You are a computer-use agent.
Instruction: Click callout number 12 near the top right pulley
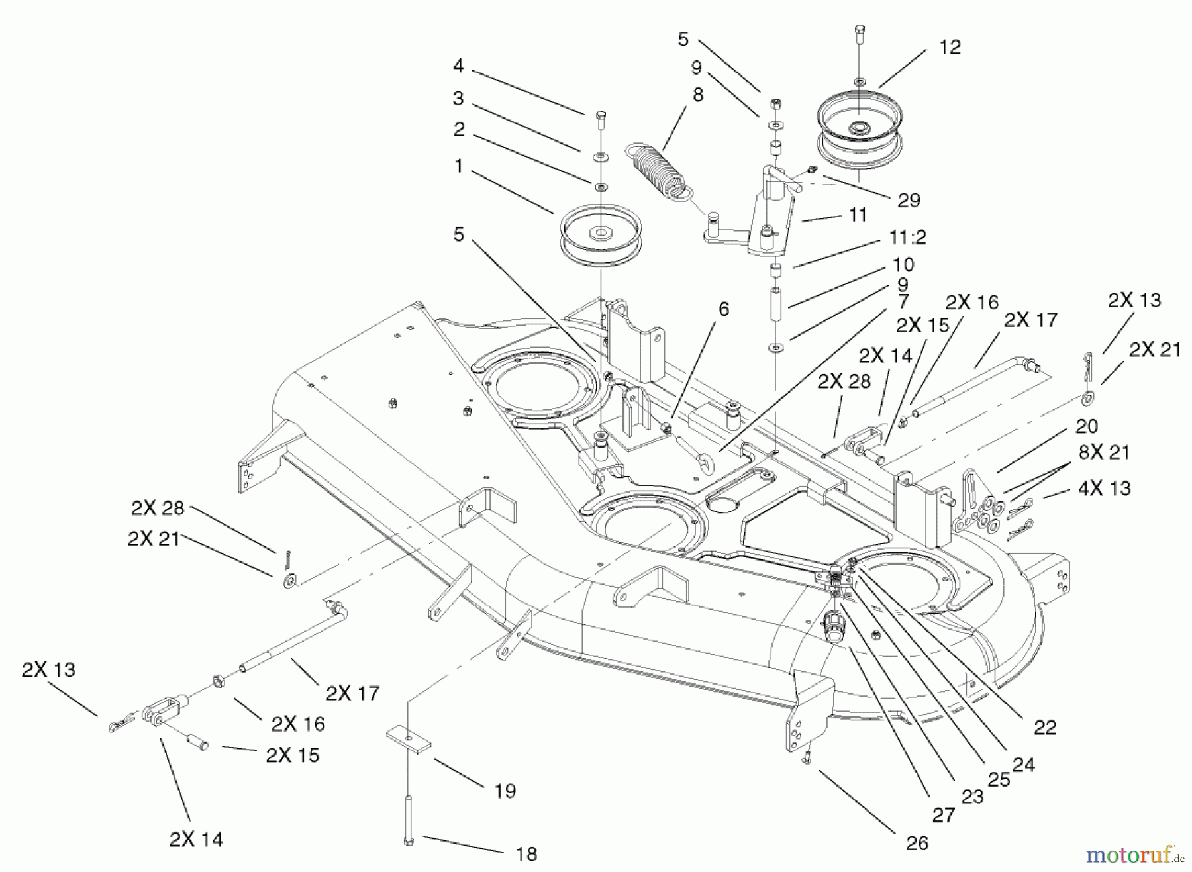point(950,48)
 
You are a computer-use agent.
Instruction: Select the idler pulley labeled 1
point(601,236)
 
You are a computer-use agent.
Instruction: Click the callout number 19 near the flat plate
point(505,791)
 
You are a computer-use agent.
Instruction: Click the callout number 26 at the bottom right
point(917,844)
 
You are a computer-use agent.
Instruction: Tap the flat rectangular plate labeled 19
point(409,739)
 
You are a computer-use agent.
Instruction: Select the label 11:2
point(908,237)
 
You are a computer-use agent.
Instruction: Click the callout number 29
point(909,201)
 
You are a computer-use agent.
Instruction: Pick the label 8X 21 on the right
point(1104,453)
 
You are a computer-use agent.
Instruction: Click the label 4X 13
point(1104,489)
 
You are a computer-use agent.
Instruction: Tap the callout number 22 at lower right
point(1044,728)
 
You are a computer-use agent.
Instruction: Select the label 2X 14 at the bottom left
point(196,840)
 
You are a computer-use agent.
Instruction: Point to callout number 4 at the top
point(458,66)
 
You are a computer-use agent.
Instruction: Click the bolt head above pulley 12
point(858,30)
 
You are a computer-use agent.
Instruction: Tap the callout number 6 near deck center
point(723,309)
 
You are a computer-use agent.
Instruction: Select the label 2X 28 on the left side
point(158,509)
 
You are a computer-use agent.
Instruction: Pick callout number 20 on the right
point(1087,426)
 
